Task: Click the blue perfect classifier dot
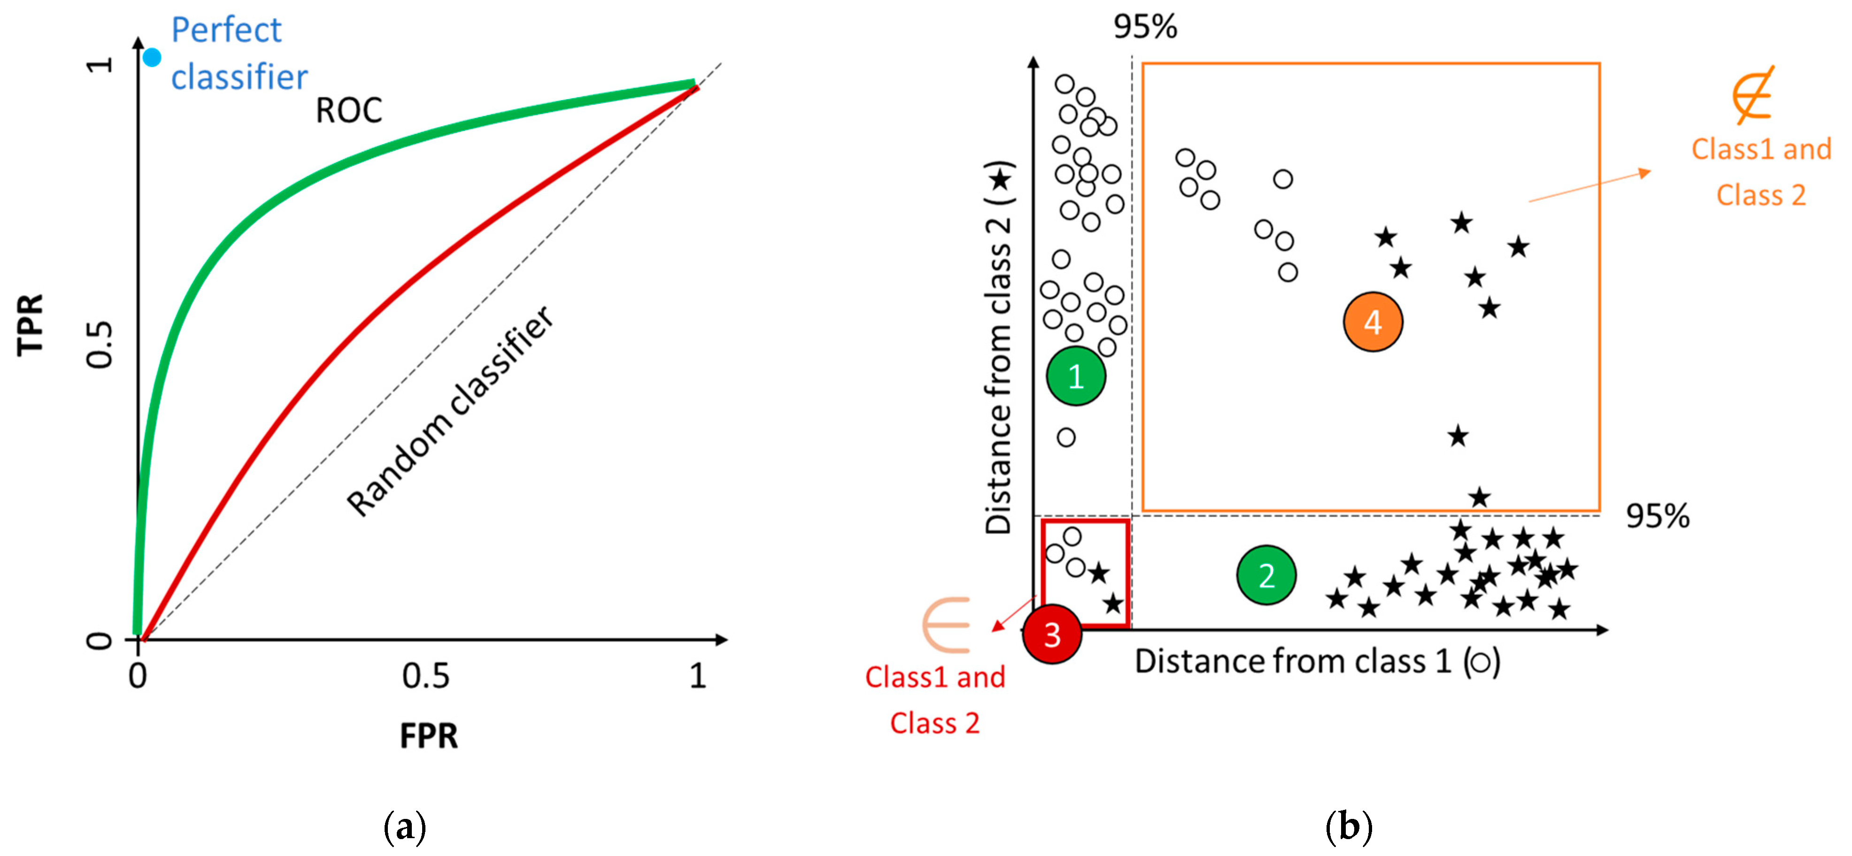coord(152,57)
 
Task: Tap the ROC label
coord(349,111)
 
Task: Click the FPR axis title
coord(429,736)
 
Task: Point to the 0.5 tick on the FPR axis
coord(425,676)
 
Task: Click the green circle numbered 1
coord(1075,376)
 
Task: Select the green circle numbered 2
coord(1266,575)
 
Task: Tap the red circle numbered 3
coord(1052,634)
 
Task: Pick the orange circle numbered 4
coord(1373,322)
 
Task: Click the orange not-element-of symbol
coord(1753,95)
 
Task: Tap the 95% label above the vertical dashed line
coord(1145,27)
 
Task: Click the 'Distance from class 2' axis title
coord(999,348)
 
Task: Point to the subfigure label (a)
coord(405,826)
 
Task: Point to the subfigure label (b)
coord(1348,826)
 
